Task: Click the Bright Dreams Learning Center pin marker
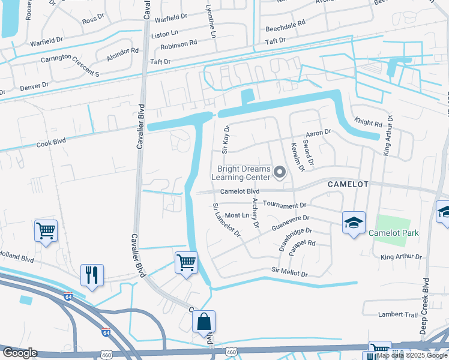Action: [279, 173]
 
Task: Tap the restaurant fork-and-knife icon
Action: [92, 275]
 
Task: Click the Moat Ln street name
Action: [237, 215]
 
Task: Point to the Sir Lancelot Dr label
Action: [226, 220]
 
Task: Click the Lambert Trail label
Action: [397, 314]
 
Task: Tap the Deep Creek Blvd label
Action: [426, 306]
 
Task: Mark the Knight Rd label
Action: [368, 123]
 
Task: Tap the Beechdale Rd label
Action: [285, 29]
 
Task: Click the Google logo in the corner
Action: [20, 353]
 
